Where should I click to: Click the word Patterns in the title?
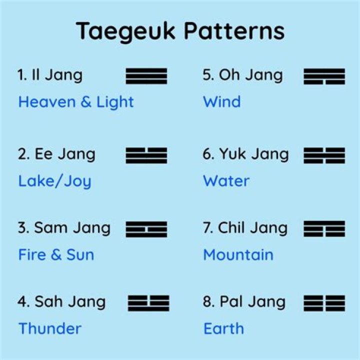click(x=234, y=31)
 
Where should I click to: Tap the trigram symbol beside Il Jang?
click(x=146, y=76)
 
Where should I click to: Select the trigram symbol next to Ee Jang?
click(x=146, y=155)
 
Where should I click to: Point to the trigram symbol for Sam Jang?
click(x=146, y=229)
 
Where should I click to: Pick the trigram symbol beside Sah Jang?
click(x=148, y=303)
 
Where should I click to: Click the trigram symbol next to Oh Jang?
click(x=324, y=76)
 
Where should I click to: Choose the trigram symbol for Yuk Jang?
click(x=324, y=155)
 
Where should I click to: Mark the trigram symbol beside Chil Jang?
click(x=324, y=229)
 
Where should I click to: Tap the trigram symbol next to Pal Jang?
click(x=324, y=303)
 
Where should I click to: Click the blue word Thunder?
click(x=50, y=328)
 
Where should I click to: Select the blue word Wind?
click(x=222, y=101)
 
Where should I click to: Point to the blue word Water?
click(x=226, y=181)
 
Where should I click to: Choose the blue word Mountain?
click(x=238, y=254)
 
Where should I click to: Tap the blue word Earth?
click(x=223, y=328)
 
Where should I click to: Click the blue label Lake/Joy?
click(x=55, y=181)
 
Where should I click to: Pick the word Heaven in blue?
click(x=47, y=101)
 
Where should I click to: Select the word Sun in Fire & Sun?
click(x=80, y=254)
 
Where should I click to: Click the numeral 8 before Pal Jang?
click(x=207, y=301)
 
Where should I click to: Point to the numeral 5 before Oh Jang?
click(x=207, y=75)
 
